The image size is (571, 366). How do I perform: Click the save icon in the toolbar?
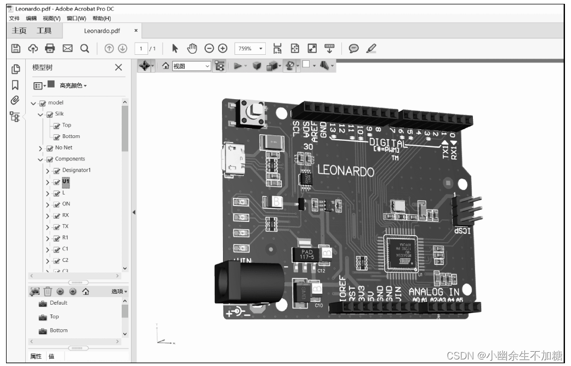click(x=16, y=48)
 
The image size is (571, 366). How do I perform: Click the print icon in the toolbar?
click(x=50, y=48)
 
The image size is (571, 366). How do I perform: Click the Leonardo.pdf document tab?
click(x=102, y=31)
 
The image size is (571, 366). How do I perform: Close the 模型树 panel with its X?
click(x=118, y=67)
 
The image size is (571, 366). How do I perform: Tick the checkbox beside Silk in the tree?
click(x=50, y=114)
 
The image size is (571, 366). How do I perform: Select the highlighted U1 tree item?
click(x=66, y=181)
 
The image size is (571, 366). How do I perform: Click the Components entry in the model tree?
click(x=70, y=159)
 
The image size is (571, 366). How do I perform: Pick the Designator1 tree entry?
click(x=76, y=170)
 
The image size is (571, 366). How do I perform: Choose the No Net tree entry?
click(x=64, y=148)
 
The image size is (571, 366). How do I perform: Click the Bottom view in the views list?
click(x=59, y=330)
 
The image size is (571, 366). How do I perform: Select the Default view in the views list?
click(x=58, y=303)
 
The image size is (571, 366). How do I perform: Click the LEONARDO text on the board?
click(x=346, y=171)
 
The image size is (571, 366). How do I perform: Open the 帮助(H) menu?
click(x=101, y=19)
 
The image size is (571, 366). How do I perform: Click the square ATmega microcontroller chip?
click(x=399, y=253)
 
